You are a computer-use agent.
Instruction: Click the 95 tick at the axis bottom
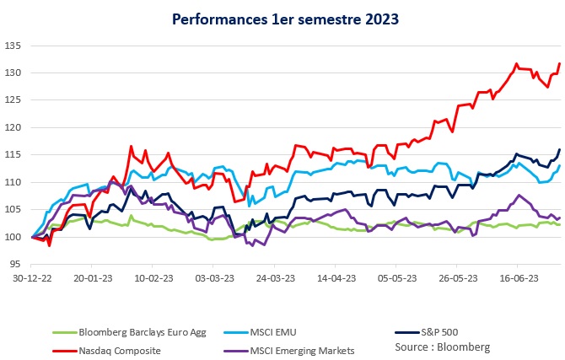coord(16,265)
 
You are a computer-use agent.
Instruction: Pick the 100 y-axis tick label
coord(13,237)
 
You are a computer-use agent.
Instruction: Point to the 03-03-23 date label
coord(213,276)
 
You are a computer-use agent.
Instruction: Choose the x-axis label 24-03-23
coord(274,276)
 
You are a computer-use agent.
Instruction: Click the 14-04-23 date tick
coord(335,276)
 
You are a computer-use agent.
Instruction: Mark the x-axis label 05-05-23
coord(395,276)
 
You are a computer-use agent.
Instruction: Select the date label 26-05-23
coord(456,276)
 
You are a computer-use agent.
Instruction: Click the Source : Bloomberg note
coord(442,347)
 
